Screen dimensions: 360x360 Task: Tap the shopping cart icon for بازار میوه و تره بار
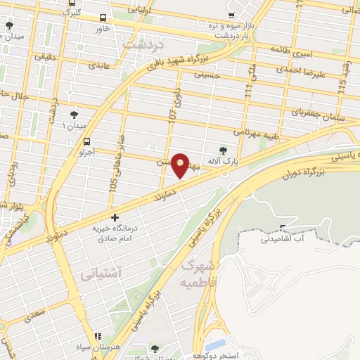232,15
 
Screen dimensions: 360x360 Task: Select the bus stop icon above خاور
103,18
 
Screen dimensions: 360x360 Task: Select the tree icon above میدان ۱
74,114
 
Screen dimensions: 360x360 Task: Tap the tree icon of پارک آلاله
223,149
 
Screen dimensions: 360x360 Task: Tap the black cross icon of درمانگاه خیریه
115,218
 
